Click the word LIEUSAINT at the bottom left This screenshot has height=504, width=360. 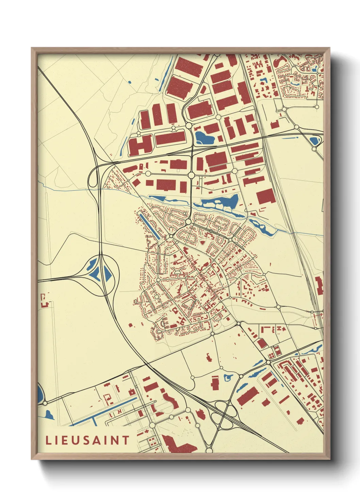[87, 440]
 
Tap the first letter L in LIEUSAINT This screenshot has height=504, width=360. [48, 440]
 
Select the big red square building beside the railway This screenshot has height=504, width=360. [265, 196]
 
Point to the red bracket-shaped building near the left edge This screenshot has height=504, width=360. [44, 301]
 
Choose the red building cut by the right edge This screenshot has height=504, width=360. [319, 286]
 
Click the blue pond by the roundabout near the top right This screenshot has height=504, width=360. [314, 140]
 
